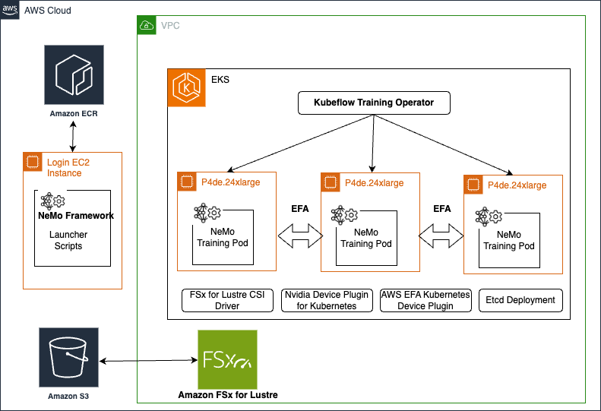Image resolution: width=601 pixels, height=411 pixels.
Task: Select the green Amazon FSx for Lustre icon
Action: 226,359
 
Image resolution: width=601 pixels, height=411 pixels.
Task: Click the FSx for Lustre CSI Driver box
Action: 228,300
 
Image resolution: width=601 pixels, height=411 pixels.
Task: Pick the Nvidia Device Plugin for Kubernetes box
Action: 325,300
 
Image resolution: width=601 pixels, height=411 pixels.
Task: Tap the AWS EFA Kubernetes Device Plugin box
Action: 425,300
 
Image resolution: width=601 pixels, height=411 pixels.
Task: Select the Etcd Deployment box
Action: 520,300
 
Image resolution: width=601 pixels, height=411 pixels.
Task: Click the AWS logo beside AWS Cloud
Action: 11,10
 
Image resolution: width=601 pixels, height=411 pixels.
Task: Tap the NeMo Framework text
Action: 75,216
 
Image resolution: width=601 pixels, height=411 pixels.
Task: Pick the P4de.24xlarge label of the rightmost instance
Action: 516,185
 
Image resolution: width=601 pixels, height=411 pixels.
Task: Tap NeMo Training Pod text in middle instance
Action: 366,238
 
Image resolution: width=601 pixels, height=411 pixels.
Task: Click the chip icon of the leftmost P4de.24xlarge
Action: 185,182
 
